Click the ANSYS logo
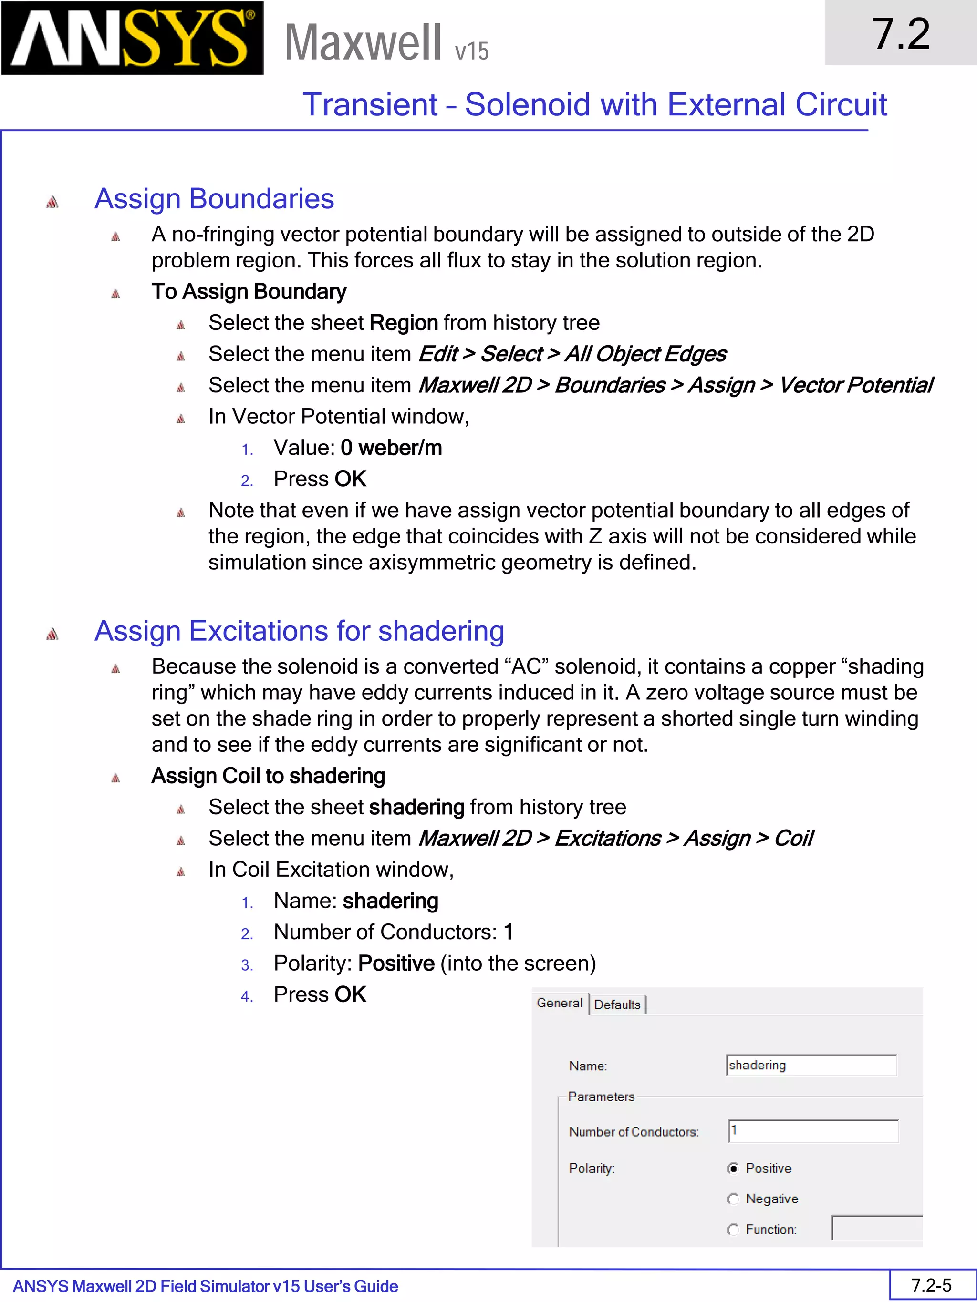132,38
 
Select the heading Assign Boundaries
214,198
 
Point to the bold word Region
404,323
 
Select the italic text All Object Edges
645,354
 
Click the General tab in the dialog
559,1003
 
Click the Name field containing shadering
811,1066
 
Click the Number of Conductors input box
813,1131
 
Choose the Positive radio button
733,1169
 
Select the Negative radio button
733,1199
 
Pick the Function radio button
733,1230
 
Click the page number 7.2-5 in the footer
931,1285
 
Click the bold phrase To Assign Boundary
249,291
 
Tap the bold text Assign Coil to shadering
268,776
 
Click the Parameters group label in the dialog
601,1097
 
